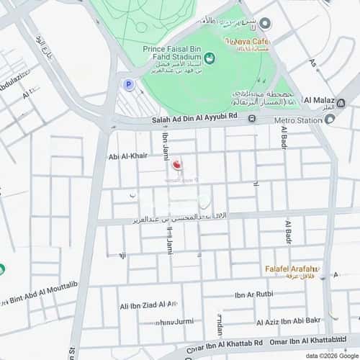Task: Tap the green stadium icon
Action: [209, 58]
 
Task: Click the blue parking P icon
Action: [129, 84]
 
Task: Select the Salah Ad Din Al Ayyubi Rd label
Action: [194, 120]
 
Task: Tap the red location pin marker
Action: [172, 165]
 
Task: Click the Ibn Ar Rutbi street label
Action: [253, 294]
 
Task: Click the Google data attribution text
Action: [331, 356]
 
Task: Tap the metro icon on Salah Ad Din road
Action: [252, 120]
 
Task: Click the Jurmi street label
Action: [176, 321]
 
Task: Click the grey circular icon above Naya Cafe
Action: [265, 24]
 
